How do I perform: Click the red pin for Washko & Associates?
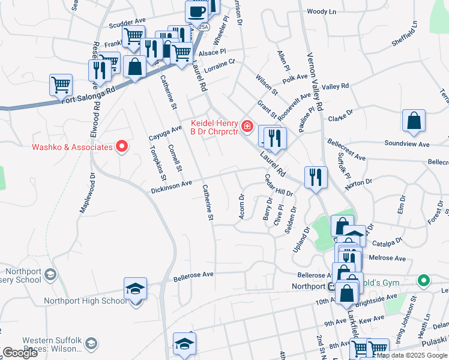(122, 146)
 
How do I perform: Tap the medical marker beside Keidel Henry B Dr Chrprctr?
(247, 127)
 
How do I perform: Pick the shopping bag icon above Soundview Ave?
(414, 121)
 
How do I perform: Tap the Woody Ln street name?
(321, 11)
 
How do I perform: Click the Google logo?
(20, 353)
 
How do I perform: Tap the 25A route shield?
(204, 27)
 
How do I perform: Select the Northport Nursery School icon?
(51, 275)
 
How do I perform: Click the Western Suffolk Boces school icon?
(91, 343)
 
